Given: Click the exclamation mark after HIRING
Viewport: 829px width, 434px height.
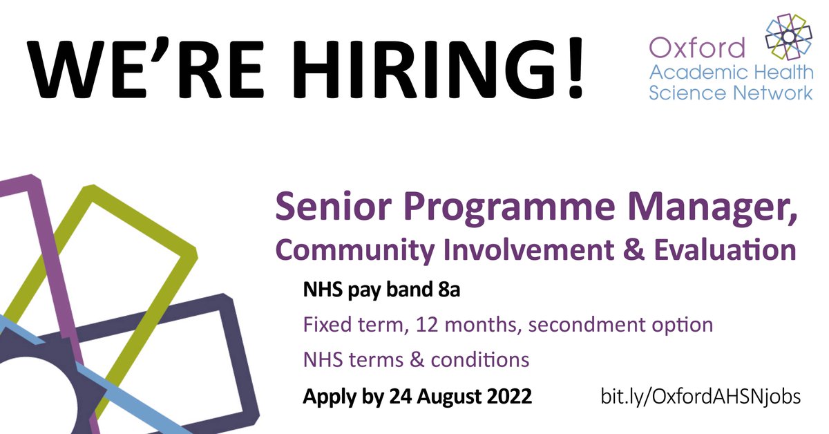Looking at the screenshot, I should pos(570,68).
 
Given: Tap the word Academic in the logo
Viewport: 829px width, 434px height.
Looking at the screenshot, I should pos(691,71).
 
